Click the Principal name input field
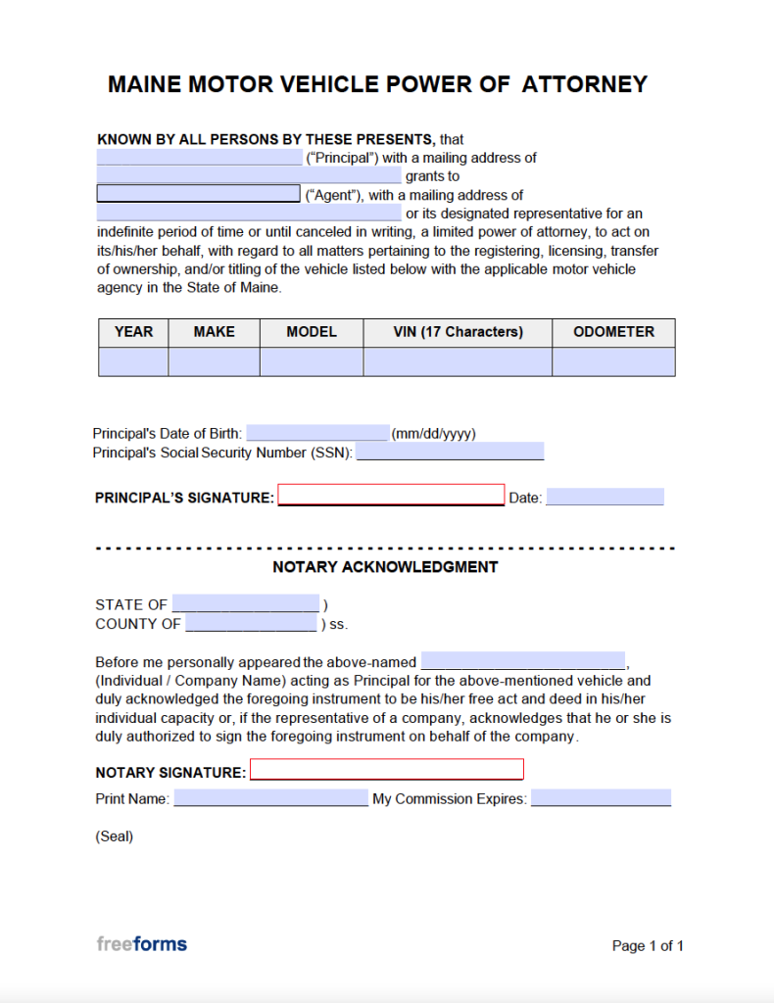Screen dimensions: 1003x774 tap(199, 158)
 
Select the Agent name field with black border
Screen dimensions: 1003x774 tap(198, 194)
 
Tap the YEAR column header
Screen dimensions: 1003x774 tap(133, 332)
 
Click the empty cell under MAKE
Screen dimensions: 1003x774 tap(214, 361)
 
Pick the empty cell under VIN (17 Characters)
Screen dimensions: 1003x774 tap(458, 361)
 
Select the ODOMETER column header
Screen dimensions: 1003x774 tap(613, 332)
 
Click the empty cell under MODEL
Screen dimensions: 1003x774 tap(312, 361)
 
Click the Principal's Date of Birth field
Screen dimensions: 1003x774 tap(317, 433)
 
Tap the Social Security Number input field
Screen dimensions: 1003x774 tap(450, 452)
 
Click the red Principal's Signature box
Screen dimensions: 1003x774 tap(391, 495)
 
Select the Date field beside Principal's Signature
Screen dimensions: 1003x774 tap(605, 498)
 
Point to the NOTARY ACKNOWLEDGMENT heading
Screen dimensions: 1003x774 tap(385, 567)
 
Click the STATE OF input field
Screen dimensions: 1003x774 tap(246, 603)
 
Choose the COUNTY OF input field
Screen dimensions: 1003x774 tap(251, 623)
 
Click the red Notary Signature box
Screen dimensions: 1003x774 tap(387, 769)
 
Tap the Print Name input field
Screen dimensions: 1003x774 tap(270, 798)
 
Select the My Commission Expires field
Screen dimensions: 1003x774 tap(601, 798)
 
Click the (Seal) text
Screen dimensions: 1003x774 tap(115, 836)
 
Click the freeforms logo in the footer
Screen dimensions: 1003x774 tap(141, 944)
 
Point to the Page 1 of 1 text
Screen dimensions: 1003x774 tap(648, 946)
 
